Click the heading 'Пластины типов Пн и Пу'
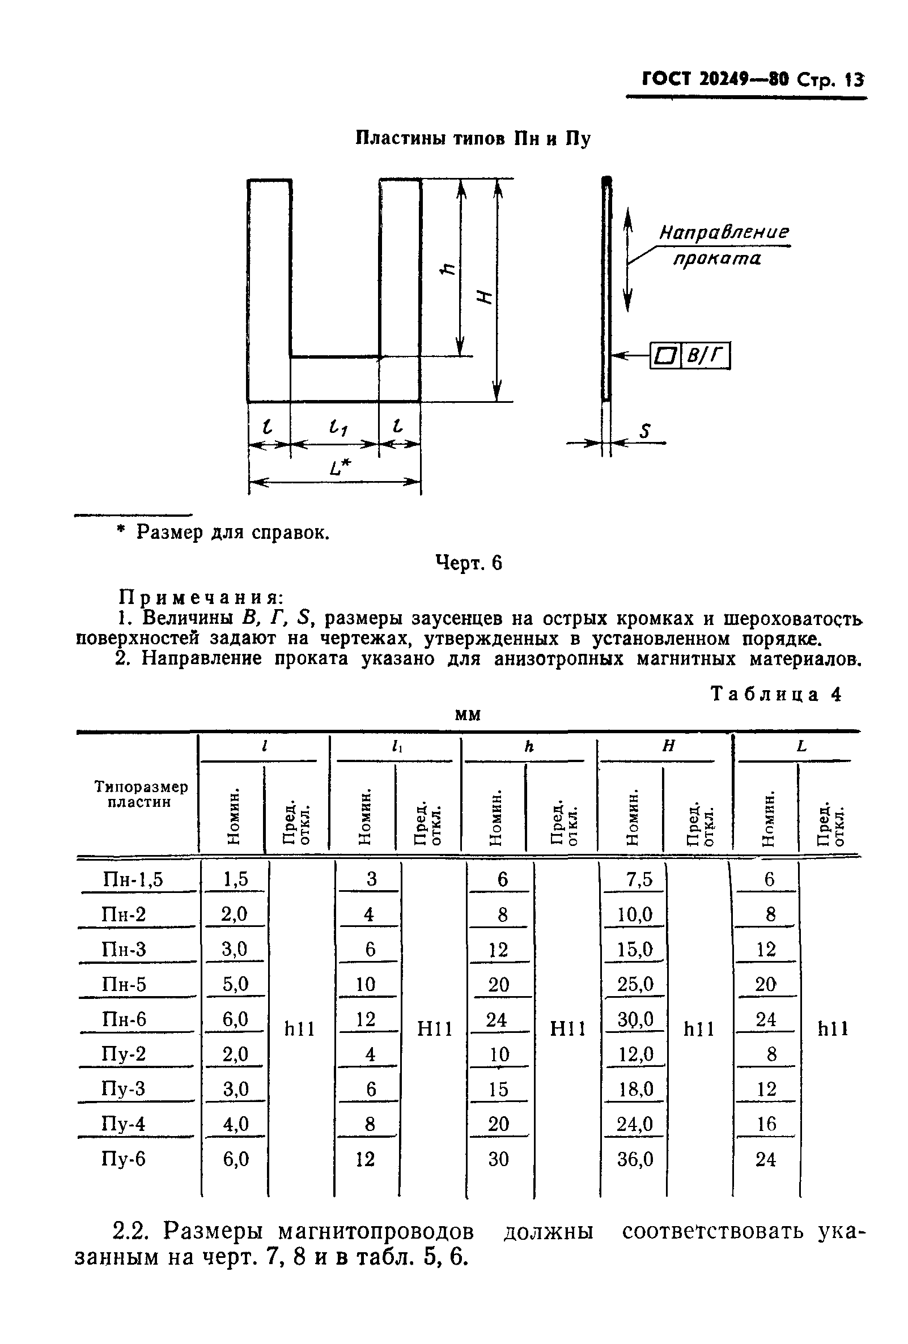[x=472, y=139]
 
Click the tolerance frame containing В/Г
[x=690, y=355]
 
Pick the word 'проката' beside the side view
[x=716, y=258]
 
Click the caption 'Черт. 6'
[x=469, y=563]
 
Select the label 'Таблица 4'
[x=775, y=694]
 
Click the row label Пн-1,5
[x=133, y=879]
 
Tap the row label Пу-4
[x=123, y=1124]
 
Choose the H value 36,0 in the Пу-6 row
[x=635, y=1159]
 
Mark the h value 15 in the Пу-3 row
[x=498, y=1090]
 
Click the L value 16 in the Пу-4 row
[x=766, y=1124]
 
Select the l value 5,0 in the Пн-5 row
[x=235, y=984]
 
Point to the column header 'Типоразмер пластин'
[x=141, y=794]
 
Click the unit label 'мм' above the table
[x=467, y=715]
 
